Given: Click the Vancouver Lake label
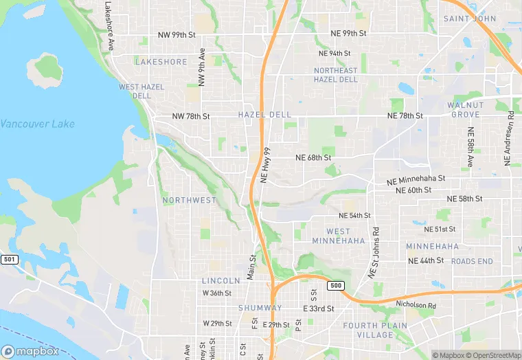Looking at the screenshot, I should [37, 124].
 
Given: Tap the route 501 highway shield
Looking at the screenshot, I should [9, 259].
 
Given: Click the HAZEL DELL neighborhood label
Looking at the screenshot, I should [264, 114].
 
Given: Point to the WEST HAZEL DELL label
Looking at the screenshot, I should [135, 91].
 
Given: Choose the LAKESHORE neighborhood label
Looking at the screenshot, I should [161, 62].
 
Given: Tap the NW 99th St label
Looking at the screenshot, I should [177, 34].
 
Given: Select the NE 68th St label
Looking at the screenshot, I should [313, 157].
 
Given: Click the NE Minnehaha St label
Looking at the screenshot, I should [416, 180].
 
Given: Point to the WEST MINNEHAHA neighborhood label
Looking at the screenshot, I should [338, 236].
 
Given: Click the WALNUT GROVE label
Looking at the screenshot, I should [465, 109].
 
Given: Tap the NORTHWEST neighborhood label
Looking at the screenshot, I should [189, 200].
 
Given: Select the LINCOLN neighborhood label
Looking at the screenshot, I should [221, 281].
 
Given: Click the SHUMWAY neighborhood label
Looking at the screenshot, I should [260, 308].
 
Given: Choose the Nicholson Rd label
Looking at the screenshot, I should [416, 304].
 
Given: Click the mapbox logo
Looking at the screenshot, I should [31, 351].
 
